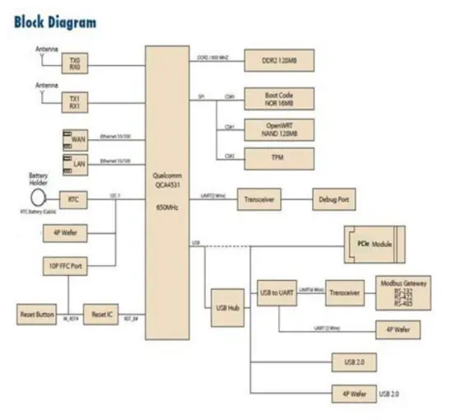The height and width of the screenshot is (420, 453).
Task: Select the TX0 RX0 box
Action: point(76,63)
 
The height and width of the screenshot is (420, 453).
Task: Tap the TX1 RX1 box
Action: point(76,102)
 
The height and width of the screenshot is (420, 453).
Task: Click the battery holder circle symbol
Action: point(39,198)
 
